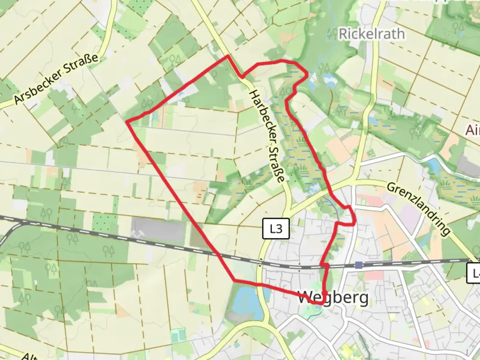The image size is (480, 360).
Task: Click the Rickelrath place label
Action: tap(372, 34)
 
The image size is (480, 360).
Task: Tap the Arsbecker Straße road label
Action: tap(56, 79)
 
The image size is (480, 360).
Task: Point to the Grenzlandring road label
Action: tap(419, 208)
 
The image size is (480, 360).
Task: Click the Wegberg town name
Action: tap(333, 298)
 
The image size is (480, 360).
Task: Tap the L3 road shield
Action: tap(276, 229)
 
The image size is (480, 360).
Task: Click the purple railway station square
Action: tap(359, 265)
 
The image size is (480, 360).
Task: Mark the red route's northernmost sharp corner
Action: tap(228, 56)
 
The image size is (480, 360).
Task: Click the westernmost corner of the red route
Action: tap(127, 122)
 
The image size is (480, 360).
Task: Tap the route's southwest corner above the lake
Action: tap(235, 281)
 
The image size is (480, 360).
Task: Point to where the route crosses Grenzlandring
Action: tap(331, 194)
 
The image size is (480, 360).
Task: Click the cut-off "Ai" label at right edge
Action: tap(473, 130)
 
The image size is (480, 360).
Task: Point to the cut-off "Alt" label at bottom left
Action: tap(28, 356)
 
